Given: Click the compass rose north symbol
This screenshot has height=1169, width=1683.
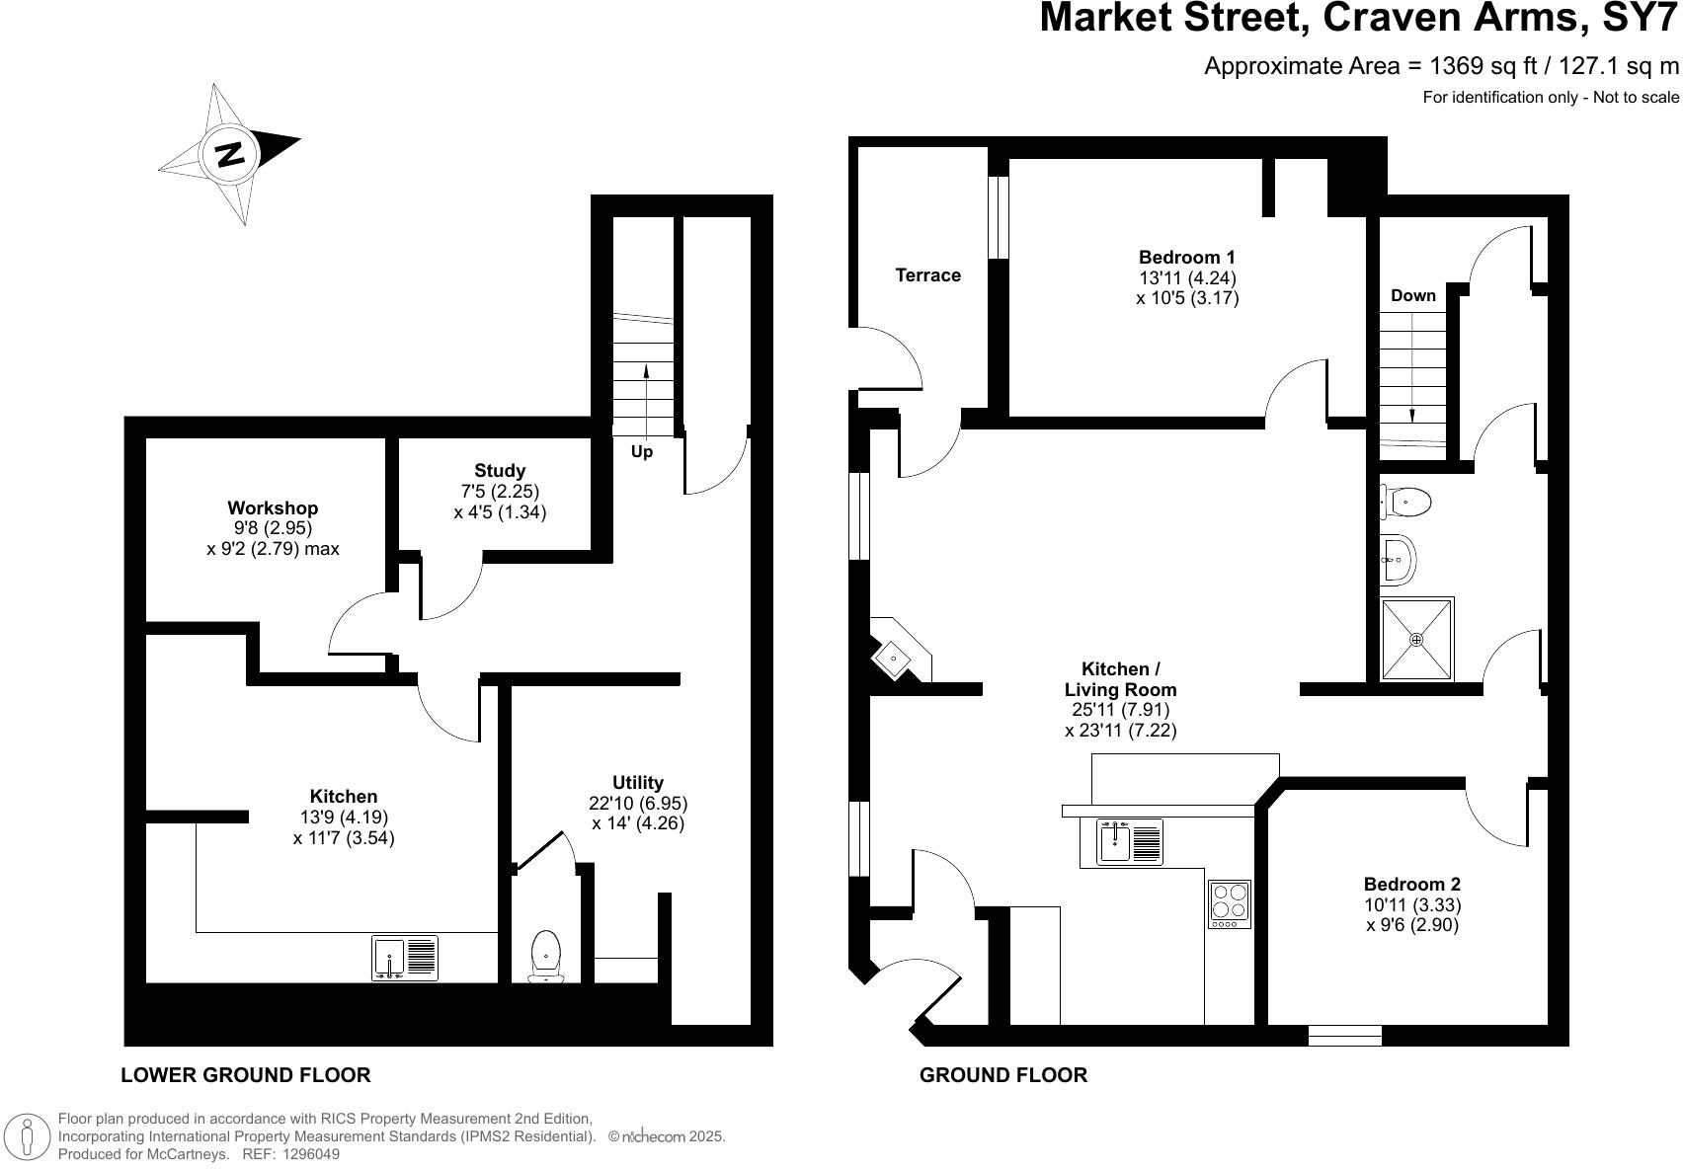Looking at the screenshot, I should tap(229, 154).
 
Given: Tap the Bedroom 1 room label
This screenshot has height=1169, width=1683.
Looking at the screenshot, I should tap(1186, 258).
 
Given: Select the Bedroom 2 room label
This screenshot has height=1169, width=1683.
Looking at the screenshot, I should tap(1411, 885).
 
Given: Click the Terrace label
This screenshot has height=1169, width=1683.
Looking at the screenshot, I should tap(927, 275).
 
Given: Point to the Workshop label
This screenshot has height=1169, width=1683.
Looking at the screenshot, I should tap(273, 508).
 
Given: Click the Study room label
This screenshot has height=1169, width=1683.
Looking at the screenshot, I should tap(500, 471).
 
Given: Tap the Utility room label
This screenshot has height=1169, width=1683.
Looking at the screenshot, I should tap(637, 783).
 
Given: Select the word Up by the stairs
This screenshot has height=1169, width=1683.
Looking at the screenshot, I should tap(642, 452).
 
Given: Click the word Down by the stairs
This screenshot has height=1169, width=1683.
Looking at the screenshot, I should tap(1412, 295).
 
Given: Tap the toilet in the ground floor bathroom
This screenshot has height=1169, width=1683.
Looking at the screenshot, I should tap(1406, 502).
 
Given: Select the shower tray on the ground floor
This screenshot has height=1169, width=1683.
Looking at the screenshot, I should tap(1416, 639).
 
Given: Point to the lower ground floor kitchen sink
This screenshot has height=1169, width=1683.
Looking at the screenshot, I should tap(405, 958).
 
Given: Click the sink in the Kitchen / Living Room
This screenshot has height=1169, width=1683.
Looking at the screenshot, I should tap(1130, 841).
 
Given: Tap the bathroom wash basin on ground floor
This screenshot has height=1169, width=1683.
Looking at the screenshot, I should tap(1398, 560).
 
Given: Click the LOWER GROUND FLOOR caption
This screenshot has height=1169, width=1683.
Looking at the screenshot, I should tap(245, 1075).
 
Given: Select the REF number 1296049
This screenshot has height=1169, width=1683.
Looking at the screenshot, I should tap(310, 1153).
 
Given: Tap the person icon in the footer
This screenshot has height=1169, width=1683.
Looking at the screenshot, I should tap(27, 1136).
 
